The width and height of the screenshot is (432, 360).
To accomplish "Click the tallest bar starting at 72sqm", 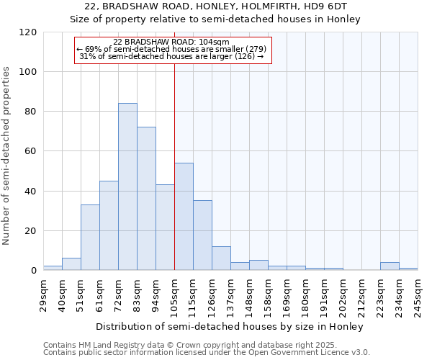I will coord(127,187).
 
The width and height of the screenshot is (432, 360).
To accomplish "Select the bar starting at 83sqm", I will coord(146,199).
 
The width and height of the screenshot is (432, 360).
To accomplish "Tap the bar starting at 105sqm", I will coord(184,217).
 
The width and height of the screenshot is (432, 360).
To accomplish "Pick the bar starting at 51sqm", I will coord(90,238).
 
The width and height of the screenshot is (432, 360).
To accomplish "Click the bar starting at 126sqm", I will coord(221,258).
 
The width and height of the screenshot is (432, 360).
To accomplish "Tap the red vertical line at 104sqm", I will coord(174,166).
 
